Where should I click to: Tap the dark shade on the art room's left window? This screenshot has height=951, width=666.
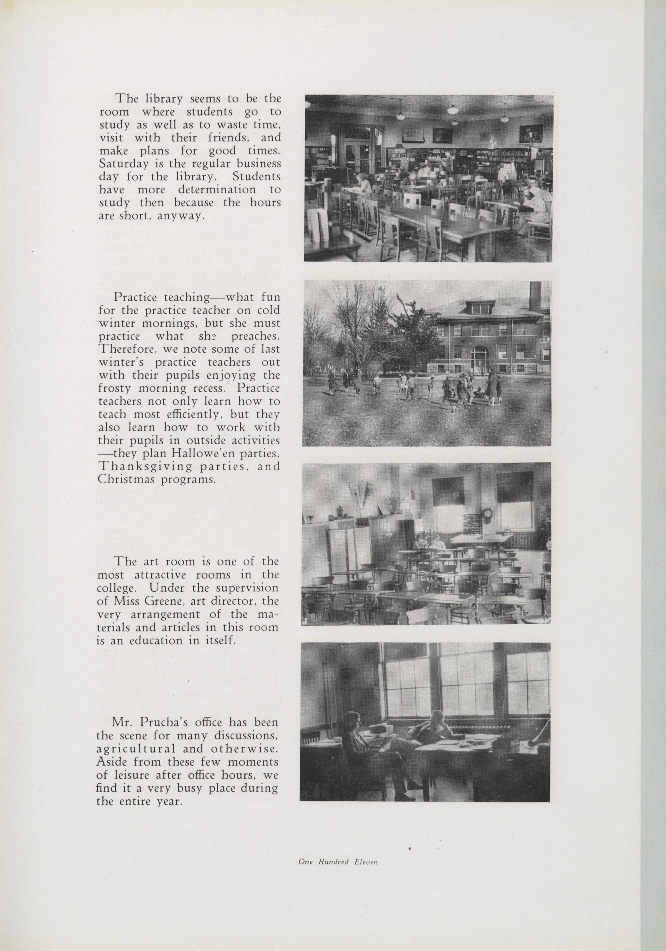(448, 491)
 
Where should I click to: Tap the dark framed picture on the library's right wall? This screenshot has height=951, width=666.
(531, 133)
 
